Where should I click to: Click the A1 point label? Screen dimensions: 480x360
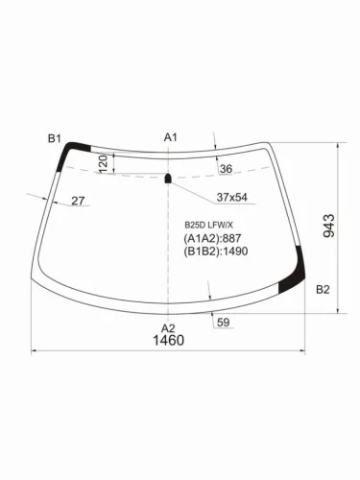click(x=171, y=137)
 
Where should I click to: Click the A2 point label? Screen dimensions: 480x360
click(x=168, y=327)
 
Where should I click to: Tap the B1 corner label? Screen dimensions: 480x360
click(x=56, y=138)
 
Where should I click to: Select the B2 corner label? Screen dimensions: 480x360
click(x=323, y=289)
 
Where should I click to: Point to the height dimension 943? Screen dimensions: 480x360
click(x=329, y=227)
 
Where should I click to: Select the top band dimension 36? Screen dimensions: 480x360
click(x=227, y=169)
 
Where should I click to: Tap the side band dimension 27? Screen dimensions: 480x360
click(x=78, y=201)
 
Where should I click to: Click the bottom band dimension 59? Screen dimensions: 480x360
click(x=223, y=323)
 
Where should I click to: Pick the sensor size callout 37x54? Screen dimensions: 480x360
click(x=230, y=197)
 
